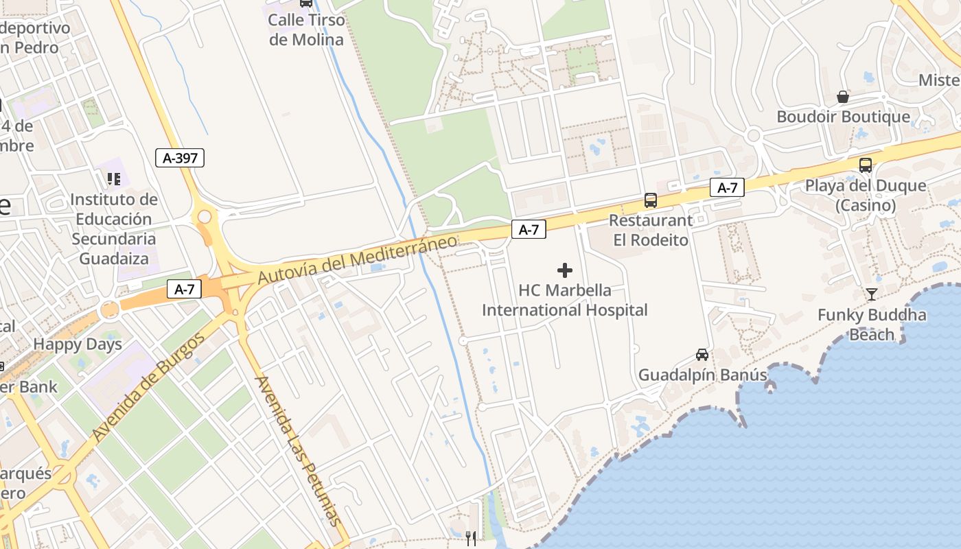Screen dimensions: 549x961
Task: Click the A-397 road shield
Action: [x=180, y=158]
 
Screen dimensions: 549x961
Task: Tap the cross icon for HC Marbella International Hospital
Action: [x=565, y=270]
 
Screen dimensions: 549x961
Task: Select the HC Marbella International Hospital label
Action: [x=564, y=300]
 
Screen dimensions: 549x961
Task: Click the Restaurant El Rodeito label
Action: [x=651, y=230]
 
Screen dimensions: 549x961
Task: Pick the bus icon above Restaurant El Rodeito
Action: [x=650, y=200]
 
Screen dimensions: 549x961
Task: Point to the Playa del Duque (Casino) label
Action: [x=866, y=195]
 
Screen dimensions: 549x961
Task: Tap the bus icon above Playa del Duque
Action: [x=866, y=165]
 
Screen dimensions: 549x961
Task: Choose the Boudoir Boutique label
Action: [x=843, y=117]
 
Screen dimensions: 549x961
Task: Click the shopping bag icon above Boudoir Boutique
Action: [x=843, y=97]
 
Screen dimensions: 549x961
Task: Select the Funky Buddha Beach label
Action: [x=872, y=325]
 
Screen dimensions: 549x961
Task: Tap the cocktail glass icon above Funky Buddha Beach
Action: [x=872, y=294]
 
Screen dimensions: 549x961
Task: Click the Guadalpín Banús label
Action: [x=702, y=375]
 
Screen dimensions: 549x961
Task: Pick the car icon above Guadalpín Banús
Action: [x=702, y=355]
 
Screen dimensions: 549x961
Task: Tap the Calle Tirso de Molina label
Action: [x=305, y=30]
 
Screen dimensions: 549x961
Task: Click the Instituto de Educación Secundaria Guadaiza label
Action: [x=114, y=229]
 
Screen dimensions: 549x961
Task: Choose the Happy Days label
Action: [x=78, y=344]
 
